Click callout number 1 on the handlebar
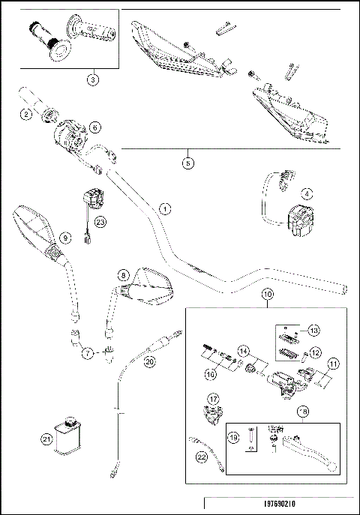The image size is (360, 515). (x=164, y=208)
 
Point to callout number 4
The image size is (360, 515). (x=305, y=192)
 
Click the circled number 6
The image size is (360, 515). (x=94, y=127)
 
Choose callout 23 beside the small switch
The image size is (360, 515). (x=101, y=221)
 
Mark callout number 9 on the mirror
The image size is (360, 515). (x=65, y=238)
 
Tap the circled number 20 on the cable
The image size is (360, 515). (x=149, y=361)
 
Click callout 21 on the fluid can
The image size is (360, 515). (x=48, y=440)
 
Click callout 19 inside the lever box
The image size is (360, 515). (x=232, y=436)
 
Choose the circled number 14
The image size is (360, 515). (x=243, y=350)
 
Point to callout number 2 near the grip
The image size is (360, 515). (x=26, y=114)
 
